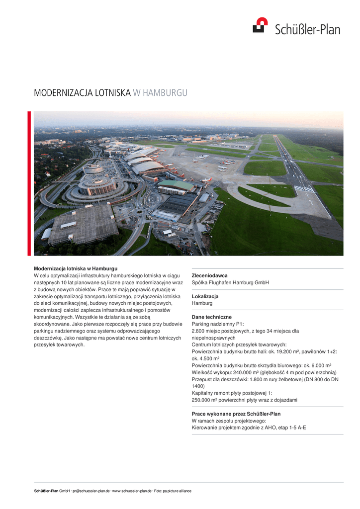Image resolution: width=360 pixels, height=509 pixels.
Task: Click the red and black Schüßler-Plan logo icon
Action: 260,25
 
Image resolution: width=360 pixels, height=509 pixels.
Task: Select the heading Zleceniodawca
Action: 209,275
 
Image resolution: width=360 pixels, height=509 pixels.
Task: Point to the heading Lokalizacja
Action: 205,296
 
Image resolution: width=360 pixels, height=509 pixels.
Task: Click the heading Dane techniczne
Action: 211,317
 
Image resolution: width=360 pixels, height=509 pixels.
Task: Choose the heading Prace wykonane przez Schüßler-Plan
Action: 236,414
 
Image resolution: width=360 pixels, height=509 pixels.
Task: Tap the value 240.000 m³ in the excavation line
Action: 242,372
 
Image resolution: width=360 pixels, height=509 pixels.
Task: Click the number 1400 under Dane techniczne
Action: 198,386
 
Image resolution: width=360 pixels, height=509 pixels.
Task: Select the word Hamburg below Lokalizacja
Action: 202,303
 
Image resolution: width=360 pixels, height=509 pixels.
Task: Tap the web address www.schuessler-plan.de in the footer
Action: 131,491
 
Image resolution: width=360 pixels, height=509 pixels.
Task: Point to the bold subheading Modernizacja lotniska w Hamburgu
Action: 76,268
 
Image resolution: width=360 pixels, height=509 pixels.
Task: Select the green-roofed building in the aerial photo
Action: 176,185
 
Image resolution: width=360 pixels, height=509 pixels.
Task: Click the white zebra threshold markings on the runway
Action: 304,188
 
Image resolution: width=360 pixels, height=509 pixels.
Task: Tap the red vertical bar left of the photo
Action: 29,183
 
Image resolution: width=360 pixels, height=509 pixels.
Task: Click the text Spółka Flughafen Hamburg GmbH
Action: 230,282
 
